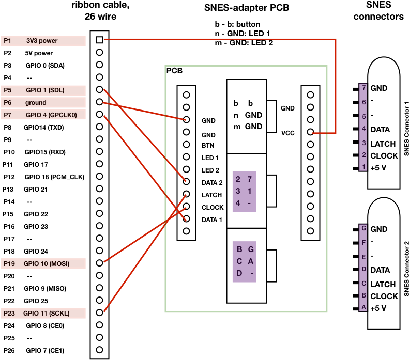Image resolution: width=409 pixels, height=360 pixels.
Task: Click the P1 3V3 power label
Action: [43, 41]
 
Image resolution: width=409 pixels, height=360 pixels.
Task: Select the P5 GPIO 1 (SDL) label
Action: [43, 90]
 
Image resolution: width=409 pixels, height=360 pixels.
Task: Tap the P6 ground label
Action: [43, 103]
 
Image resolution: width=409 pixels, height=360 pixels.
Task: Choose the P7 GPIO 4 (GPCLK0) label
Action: [43, 115]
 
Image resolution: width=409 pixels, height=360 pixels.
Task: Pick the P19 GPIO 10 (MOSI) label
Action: [43, 264]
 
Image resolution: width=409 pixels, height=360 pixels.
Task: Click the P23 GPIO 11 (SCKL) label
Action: [43, 314]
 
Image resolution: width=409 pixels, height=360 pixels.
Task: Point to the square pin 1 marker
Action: [99, 40]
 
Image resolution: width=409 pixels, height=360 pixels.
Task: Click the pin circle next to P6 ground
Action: [99, 102]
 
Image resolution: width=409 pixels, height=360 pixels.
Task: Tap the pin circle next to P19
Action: [99, 263]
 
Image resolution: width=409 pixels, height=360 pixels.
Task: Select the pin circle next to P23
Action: [99, 312]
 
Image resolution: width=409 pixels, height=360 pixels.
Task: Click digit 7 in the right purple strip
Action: [364, 88]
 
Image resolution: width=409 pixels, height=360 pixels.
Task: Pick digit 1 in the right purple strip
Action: [364, 167]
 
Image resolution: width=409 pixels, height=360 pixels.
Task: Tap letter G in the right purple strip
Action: [364, 228]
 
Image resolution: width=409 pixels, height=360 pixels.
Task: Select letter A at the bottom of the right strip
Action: [364, 307]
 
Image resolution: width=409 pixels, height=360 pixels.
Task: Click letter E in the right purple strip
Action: [364, 257]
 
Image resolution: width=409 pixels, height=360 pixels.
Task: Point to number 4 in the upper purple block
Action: [238, 203]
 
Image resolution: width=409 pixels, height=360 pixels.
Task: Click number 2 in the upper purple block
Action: [238, 179]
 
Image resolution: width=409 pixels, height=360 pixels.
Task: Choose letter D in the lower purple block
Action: [239, 273]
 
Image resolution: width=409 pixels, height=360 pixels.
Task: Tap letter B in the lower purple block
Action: [239, 249]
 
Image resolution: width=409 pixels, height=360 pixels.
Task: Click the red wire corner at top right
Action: [336, 39]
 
